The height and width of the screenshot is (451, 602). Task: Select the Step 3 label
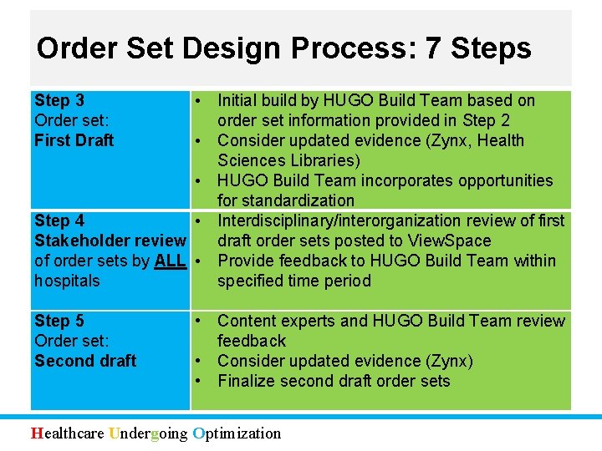coord(59,100)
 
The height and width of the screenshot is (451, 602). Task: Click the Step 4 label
coord(59,220)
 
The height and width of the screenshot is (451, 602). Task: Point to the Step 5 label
coord(59,321)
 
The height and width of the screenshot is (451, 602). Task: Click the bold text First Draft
coord(74,140)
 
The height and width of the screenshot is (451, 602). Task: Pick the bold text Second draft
coord(85,361)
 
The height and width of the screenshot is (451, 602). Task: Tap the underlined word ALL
coord(171,261)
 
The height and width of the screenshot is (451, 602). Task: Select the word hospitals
coord(67,281)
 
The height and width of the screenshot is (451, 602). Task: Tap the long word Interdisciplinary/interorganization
coord(346,220)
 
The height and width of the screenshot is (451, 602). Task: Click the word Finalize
coord(248,381)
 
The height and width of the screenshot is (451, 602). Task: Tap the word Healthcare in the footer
coord(69,433)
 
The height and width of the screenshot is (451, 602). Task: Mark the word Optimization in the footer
coord(237,433)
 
